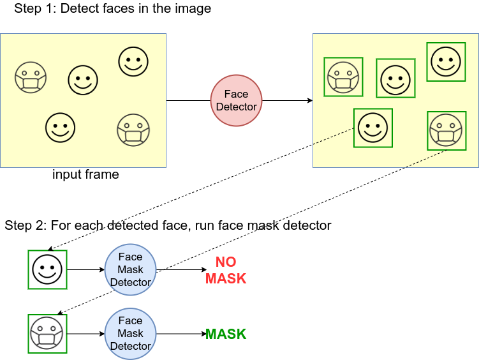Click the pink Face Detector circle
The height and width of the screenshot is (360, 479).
click(236, 101)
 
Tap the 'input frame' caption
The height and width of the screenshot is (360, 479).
click(85, 174)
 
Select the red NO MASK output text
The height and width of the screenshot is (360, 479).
click(226, 270)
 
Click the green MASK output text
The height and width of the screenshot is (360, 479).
click(226, 334)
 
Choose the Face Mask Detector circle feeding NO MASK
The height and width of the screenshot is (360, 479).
click(131, 269)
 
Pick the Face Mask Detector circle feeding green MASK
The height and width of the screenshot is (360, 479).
click(131, 334)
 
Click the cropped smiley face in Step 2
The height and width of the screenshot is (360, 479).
click(47, 269)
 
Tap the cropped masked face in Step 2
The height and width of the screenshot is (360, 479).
click(47, 334)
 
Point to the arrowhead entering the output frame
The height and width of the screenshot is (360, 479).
click(311, 101)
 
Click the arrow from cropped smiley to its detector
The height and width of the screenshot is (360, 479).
click(86, 269)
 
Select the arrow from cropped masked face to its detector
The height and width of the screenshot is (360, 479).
click(86, 334)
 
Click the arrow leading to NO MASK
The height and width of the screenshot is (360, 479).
click(181, 269)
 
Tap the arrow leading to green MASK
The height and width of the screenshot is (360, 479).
click(181, 334)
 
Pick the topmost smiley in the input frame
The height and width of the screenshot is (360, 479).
click(133, 61)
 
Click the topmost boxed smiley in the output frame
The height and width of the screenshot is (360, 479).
click(446, 62)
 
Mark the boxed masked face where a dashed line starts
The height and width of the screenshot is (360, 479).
click(446, 131)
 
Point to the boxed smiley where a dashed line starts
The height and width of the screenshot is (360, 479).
click(373, 128)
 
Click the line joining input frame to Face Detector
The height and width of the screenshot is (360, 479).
click(188, 101)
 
